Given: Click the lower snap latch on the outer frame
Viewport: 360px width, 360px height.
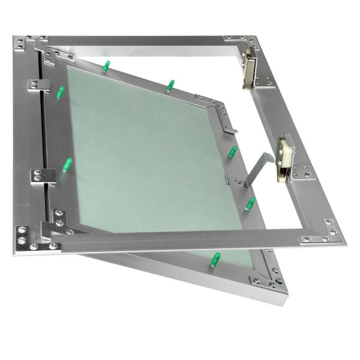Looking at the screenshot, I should coord(285,158).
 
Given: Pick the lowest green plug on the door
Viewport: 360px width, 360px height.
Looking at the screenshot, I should coord(214,259).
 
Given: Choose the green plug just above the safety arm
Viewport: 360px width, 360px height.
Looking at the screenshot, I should coord(232,151).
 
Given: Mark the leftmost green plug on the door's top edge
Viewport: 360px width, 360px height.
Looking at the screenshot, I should coord(106,66).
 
